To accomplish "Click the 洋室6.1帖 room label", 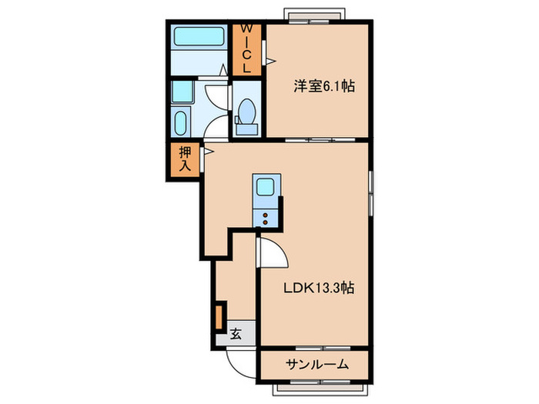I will tap(323, 87).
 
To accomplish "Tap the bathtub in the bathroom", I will tap(198, 37).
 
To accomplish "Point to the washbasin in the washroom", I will tap(181, 124).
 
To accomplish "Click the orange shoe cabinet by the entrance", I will tap(219, 317).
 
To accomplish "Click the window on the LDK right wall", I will tap(372, 192).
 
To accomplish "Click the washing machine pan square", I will tap(182, 93).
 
